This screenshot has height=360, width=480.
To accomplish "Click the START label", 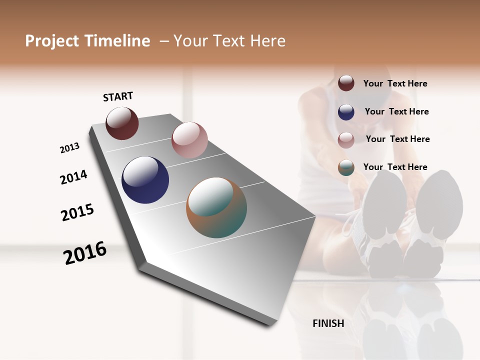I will pyautogui.click(x=118, y=96).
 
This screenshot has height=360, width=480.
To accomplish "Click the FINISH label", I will pyautogui.click(x=328, y=323).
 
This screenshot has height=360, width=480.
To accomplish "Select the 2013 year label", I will pyautogui.click(x=69, y=148).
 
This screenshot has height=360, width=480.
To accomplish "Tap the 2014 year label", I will pyautogui.click(x=73, y=177).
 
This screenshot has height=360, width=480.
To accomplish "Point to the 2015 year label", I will pyautogui.click(x=77, y=212).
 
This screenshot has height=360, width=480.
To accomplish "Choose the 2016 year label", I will pyautogui.click(x=85, y=253).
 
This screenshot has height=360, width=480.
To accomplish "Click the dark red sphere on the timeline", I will pyautogui.click(x=122, y=123).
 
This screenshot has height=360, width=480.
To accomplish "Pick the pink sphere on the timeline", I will pyautogui.click(x=189, y=140).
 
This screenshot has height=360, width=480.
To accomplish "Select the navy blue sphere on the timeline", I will pyautogui.click(x=145, y=180).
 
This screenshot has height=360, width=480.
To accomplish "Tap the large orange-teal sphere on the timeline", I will pyautogui.click(x=216, y=207).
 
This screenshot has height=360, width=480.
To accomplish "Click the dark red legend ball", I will pyautogui.click(x=346, y=83).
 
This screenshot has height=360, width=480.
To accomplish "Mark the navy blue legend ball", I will pyautogui.click(x=346, y=112).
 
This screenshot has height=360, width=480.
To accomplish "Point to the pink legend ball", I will pyautogui.click(x=346, y=139).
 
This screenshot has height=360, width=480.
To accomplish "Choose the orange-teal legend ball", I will pyautogui.click(x=346, y=167).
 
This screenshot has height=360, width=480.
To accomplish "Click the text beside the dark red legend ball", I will pyautogui.click(x=395, y=83).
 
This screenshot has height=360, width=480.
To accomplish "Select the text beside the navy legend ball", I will pyautogui.click(x=396, y=111).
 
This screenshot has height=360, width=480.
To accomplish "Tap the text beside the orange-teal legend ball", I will pyautogui.click(x=395, y=167).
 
